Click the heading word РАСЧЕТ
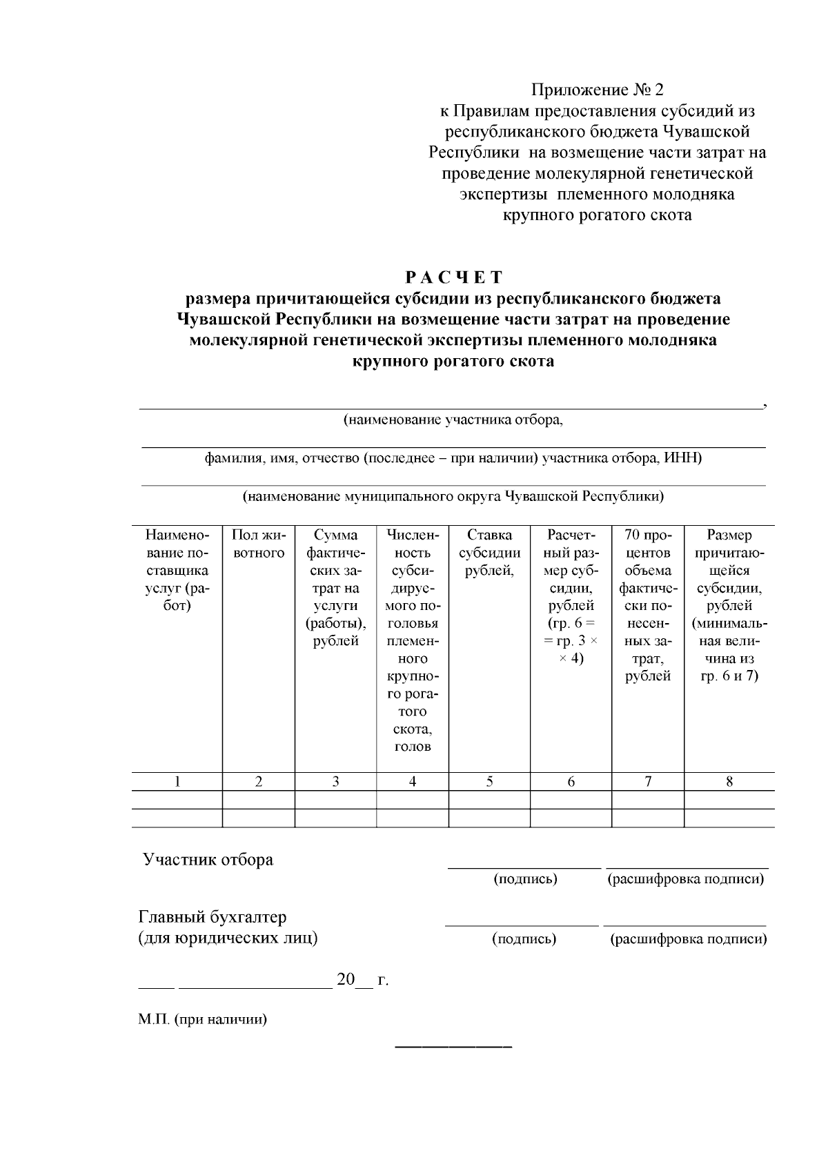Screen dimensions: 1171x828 tap(453, 277)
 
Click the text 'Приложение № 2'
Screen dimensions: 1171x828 tap(597, 90)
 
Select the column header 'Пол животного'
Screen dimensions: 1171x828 tap(258, 544)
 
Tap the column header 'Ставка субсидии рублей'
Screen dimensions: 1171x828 tap(489, 553)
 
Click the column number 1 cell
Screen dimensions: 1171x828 tap(177, 781)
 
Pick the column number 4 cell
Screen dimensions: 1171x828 tap(412, 781)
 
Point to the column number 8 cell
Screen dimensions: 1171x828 tap(729, 781)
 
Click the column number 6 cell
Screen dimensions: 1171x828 tap(571, 781)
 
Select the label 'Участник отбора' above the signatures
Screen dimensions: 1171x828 tap(208, 860)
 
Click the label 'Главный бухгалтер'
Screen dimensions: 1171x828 tap(213, 917)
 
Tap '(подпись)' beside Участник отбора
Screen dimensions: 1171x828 tap(525, 879)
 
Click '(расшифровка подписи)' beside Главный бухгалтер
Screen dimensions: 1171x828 tap(689, 939)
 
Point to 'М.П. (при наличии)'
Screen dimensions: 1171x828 tap(202, 1019)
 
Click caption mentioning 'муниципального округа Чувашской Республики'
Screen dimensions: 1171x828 tap(453, 496)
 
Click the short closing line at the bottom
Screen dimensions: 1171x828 tap(453, 1048)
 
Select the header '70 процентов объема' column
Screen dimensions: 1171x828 tap(647, 552)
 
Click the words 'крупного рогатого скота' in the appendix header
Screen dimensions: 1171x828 tap(597, 215)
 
